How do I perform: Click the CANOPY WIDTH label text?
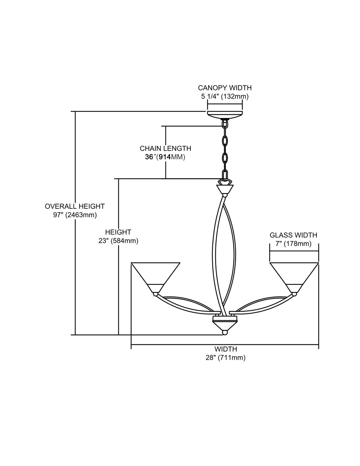point(225,88)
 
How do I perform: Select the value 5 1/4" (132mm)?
point(225,97)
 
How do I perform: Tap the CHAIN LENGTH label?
point(165,148)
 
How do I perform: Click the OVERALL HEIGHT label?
point(75,206)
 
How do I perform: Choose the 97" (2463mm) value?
point(75,215)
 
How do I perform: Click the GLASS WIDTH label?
point(293,235)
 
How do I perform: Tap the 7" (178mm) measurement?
point(293,244)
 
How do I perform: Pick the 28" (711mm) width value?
point(226,358)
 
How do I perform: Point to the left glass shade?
point(156,275)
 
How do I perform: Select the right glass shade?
point(294,275)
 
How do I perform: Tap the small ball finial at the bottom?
point(225,332)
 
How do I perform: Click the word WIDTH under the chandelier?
point(226,349)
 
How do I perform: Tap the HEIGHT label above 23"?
point(118,232)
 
